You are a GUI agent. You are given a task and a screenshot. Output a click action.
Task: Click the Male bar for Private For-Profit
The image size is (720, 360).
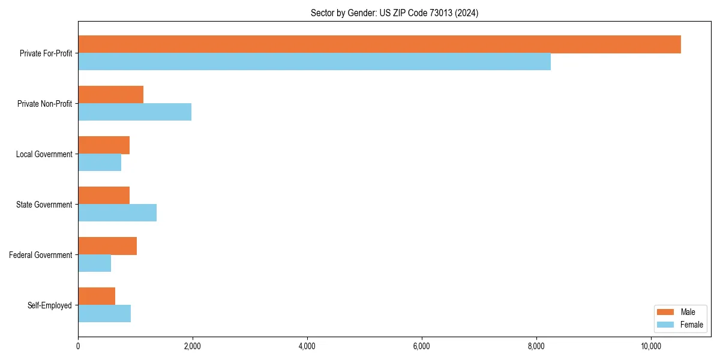pos(379,44)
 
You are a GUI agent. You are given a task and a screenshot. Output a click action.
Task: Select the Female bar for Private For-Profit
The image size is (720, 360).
pos(314,62)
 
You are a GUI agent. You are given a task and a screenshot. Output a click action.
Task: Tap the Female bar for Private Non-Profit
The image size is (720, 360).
pos(134,112)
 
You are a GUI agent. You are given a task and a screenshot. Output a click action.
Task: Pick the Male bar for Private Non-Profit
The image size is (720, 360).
pos(110,95)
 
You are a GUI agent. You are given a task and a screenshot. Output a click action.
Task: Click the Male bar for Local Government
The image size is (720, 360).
pos(104,145)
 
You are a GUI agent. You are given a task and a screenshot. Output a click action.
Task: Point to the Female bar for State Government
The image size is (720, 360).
pos(117,213)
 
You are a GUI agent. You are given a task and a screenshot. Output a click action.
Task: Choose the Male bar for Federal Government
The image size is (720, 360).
pos(107,246)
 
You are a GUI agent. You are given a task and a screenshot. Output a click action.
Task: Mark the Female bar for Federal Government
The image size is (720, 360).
pos(94,263)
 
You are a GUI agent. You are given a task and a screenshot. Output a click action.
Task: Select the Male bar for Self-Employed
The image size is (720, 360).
pos(97,296)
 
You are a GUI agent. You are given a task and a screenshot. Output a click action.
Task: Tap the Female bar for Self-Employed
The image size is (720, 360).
pos(104,314)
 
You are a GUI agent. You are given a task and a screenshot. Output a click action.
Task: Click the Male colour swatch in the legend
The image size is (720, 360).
pos(665,312)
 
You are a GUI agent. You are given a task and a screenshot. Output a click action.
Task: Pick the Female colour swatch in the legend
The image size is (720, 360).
pos(665,325)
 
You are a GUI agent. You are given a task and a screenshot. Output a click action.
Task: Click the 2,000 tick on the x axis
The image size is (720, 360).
pos(193,346)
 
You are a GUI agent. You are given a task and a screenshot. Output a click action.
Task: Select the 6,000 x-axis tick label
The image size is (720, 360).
pos(422,346)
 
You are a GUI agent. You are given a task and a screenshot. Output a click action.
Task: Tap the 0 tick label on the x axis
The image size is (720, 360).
pos(78,346)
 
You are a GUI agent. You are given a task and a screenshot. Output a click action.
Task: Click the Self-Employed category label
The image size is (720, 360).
pos(50,305)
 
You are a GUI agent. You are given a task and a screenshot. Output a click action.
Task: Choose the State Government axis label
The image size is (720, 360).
pos(44,205)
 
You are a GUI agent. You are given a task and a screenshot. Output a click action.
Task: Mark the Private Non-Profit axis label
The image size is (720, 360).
pos(45,104)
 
